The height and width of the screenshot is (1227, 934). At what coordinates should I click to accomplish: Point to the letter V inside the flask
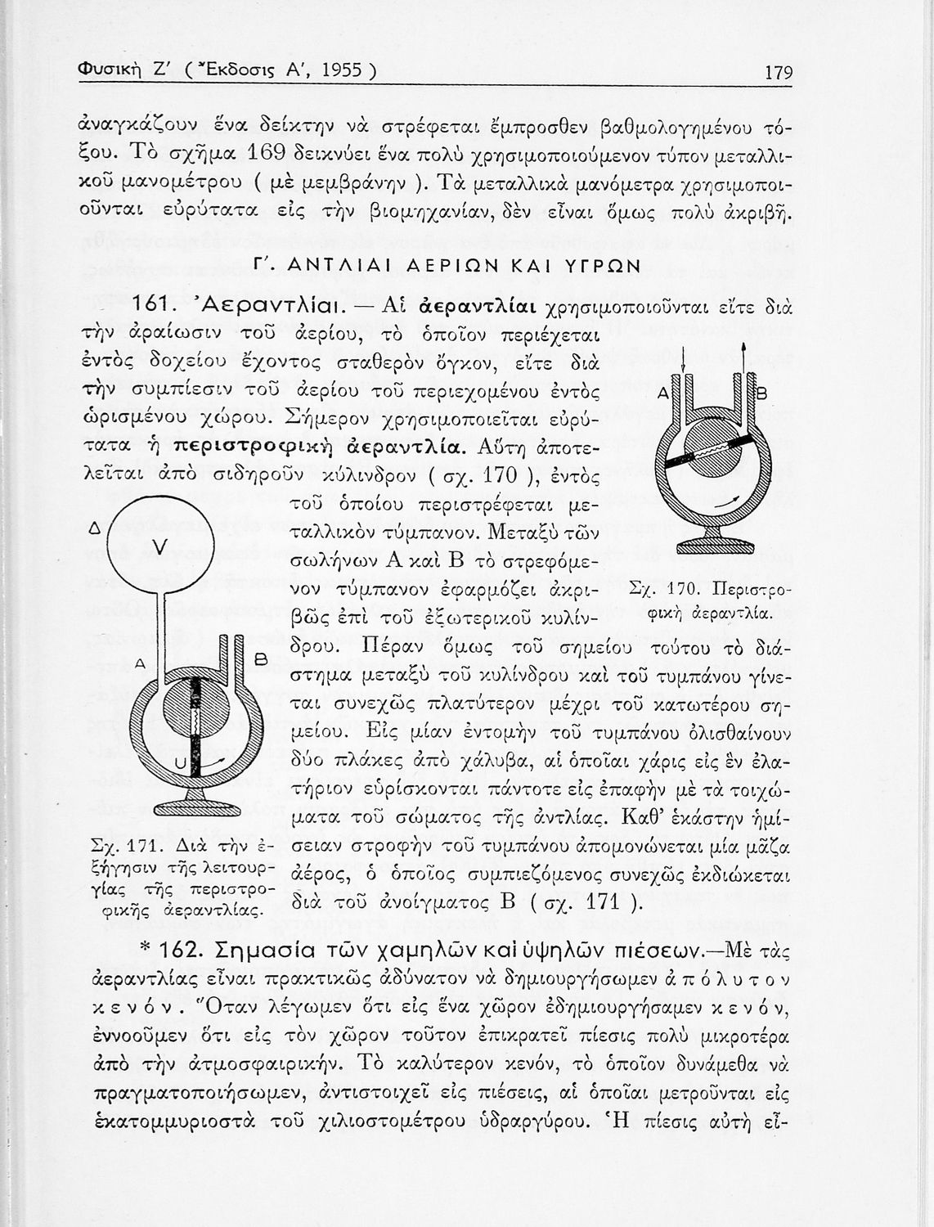pyautogui.click(x=161, y=546)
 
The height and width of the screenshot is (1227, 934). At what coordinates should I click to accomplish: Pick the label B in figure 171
pyautogui.click(x=263, y=658)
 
